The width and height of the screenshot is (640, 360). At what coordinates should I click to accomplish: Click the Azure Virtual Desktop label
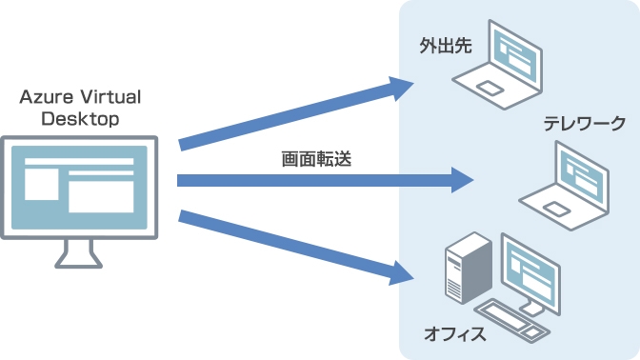pyautogui.click(x=82, y=109)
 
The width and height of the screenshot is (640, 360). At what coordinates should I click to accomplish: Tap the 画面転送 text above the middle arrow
pyautogui.click(x=316, y=160)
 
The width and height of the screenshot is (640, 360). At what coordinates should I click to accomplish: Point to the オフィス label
pyautogui.click(x=455, y=334)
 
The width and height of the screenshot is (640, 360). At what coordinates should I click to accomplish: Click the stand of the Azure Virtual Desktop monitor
pyautogui.click(x=79, y=251)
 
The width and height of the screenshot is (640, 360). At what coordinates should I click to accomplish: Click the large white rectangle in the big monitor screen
pyautogui.click(x=101, y=191)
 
